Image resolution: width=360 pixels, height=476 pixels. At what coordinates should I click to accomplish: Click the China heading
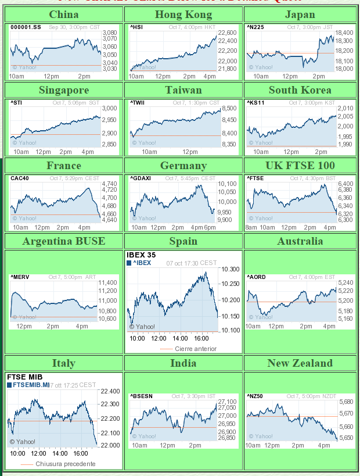[64, 15]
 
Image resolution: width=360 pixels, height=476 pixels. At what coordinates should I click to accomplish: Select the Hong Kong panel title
[183, 15]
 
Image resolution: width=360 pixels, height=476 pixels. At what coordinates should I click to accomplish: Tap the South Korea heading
[300, 90]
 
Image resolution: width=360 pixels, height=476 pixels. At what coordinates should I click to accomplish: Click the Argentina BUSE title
[64, 241]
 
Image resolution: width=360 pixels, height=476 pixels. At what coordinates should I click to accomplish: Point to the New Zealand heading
[300, 363]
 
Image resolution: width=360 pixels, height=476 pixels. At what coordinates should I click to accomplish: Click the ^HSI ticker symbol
[136, 27]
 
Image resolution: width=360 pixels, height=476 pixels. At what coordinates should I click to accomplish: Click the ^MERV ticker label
[20, 277]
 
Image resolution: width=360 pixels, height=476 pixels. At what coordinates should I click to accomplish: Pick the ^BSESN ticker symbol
[142, 396]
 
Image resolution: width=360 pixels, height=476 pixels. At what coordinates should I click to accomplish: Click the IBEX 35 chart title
[141, 255]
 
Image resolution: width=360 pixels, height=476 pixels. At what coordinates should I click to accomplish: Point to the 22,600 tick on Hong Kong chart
[227, 33]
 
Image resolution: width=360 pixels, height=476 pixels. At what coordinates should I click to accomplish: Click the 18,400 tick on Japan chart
[345, 33]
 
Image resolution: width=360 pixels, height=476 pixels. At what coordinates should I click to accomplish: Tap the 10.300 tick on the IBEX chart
[231, 269]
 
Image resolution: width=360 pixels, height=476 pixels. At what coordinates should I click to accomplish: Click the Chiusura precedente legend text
[65, 464]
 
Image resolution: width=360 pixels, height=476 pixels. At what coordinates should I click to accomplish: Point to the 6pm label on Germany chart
[209, 227]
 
